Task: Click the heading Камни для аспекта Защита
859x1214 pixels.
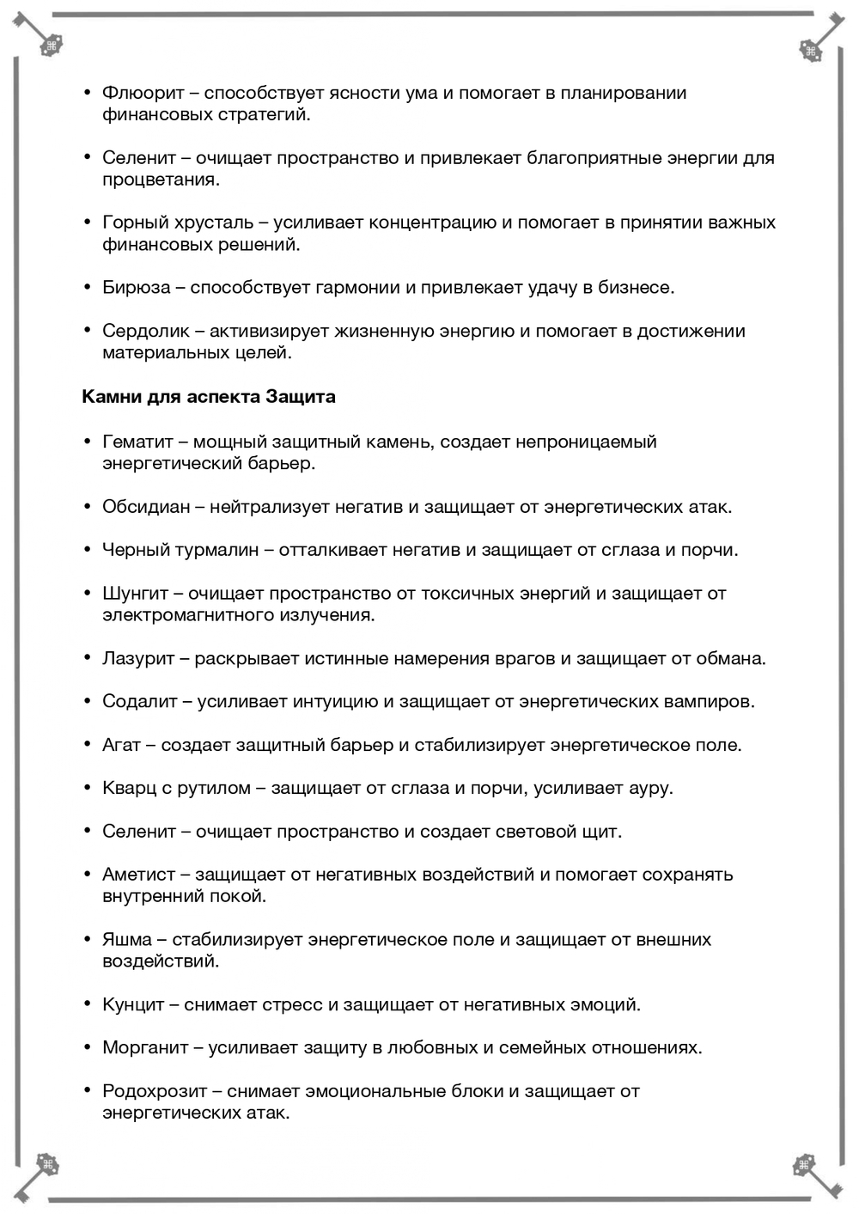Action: pyautogui.click(x=209, y=397)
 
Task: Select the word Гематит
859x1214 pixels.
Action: pyautogui.click(x=137, y=442)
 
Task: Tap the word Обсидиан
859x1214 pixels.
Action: pyautogui.click(x=146, y=507)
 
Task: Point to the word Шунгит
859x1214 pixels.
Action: pyautogui.click(x=135, y=593)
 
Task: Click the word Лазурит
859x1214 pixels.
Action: pyautogui.click(x=138, y=658)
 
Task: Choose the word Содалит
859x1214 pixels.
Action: pyautogui.click(x=139, y=701)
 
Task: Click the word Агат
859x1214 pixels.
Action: pyautogui.click(x=121, y=745)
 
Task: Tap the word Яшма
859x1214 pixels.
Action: pyautogui.click(x=127, y=939)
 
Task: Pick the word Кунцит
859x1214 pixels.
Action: pyautogui.click(x=133, y=1004)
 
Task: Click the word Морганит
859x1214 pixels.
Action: pyautogui.click(x=145, y=1047)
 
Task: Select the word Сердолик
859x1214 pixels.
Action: pyautogui.click(x=145, y=331)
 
